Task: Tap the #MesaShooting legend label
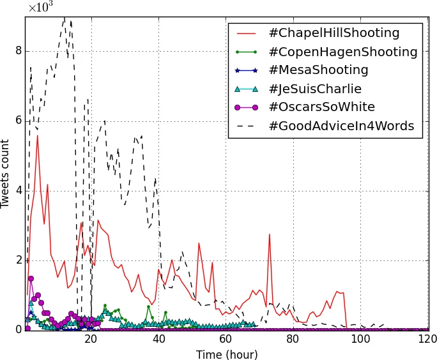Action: tap(318, 70)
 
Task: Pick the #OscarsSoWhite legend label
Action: tap(321, 107)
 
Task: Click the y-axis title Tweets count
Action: tap(6, 174)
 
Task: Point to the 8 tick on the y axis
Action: tap(18, 51)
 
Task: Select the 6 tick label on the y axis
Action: tap(18, 121)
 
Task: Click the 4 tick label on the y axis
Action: tap(18, 190)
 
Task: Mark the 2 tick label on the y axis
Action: tap(18, 260)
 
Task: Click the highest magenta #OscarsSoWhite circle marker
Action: tap(31, 278)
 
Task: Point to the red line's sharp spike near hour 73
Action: tap(269, 234)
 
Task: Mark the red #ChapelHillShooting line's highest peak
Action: tap(37, 135)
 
